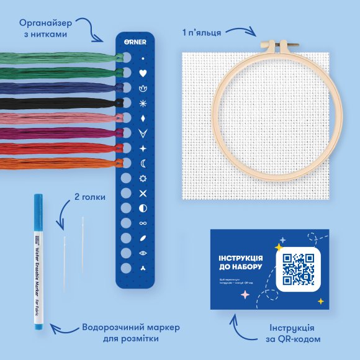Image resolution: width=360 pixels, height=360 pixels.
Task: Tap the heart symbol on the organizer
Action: (x=143, y=73)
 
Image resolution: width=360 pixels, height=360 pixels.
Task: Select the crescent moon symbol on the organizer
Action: (x=143, y=163)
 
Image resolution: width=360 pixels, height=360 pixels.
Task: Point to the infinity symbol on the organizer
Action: (x=143, y=222)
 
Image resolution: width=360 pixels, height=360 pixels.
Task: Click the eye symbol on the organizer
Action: (x=143, y=253)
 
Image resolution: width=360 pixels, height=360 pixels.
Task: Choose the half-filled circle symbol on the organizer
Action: (x=143, y=207)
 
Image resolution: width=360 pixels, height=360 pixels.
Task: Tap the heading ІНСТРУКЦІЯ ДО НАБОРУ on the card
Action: (x=240, y=263)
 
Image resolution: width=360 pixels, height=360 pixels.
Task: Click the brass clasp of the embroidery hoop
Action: (x=279, y=45)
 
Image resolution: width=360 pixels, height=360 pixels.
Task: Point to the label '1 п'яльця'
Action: (x=202, y=30)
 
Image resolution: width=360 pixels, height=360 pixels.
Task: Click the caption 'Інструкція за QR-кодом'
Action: (x=295, y=333)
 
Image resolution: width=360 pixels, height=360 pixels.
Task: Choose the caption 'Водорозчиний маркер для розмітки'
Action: (x=120, y=333)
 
